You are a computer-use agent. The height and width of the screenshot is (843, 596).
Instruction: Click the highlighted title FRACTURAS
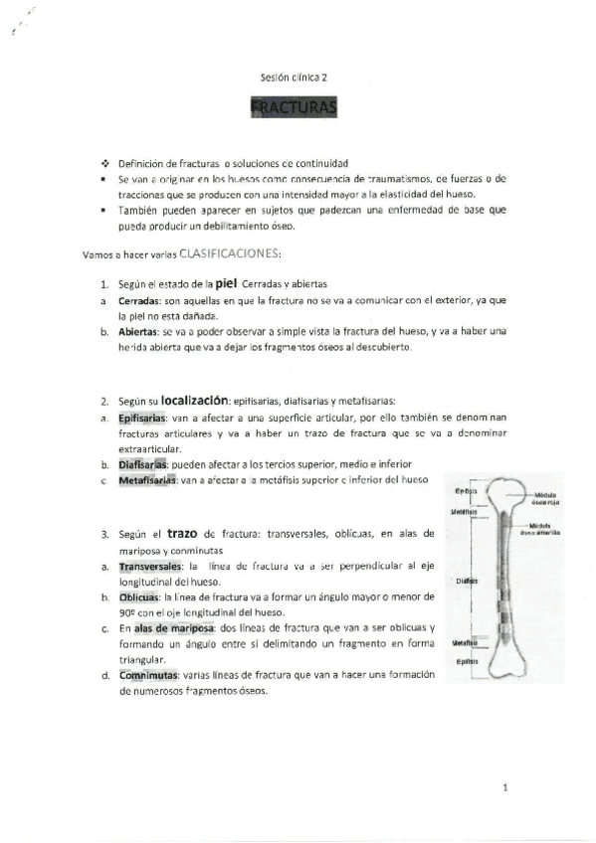tap(296, 106)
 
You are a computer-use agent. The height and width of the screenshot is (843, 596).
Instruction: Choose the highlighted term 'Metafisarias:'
tap(145, 480)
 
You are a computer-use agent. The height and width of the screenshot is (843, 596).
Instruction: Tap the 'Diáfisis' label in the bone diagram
tap(468, 581)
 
